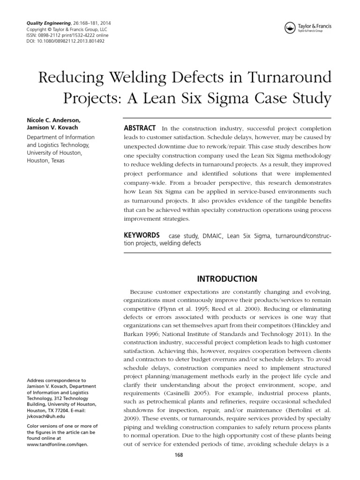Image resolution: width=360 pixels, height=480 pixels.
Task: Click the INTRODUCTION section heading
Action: (227, 279)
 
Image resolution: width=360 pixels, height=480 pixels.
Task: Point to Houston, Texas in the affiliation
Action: (45, 161)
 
